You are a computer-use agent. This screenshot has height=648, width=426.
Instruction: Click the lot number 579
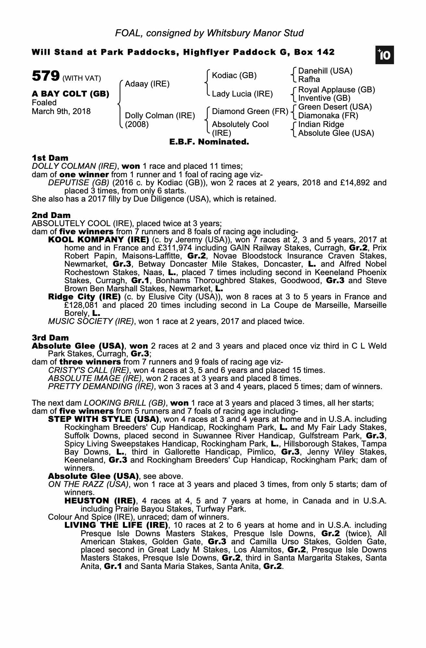(45, 76)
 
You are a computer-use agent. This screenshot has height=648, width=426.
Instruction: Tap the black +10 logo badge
(385, 55)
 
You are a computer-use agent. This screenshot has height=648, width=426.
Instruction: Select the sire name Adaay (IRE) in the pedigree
(147, 84)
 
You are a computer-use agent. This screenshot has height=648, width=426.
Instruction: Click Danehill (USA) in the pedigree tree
(325, 71)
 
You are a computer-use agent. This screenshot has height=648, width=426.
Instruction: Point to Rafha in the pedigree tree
(309, 79)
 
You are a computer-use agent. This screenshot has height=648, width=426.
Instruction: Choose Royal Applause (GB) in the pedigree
(337, 90)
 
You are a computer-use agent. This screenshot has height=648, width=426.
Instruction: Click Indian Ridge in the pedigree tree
(321, 124)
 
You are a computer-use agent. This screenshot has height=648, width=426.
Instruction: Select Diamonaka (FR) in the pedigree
(328, 116)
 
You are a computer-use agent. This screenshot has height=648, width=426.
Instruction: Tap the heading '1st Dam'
(50, 158)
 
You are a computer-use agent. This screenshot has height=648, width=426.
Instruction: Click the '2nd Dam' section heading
(51, 215)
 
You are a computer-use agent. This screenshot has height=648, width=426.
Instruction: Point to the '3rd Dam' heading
(50, 338)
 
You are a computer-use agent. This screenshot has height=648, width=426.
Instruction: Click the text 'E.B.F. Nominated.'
(209, 142)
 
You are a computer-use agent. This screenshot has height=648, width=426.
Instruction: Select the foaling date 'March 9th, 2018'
(61, 111)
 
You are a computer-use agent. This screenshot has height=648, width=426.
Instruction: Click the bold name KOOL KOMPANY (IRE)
(98, 240)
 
